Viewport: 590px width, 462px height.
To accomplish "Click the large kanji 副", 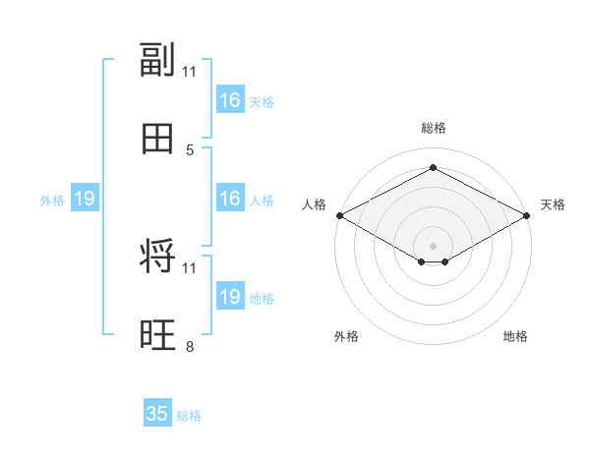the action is tap(157, 59).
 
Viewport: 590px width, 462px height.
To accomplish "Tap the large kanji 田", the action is tap(157, 139).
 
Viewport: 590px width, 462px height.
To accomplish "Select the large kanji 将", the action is tap(157, 256).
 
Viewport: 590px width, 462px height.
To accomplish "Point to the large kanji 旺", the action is tap(157, 334).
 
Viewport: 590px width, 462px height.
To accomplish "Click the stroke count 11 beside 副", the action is tap(189, 72).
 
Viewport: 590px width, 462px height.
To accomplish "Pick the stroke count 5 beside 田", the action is tap(190, 150).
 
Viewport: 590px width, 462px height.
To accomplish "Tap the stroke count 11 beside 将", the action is tap(189, 268).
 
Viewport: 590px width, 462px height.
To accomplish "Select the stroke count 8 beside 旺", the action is tap(190, 346).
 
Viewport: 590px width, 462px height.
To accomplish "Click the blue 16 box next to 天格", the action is tap(230, 99).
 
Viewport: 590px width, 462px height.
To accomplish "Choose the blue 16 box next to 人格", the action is tap(230, 198).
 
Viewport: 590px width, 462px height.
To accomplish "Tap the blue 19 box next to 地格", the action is tap(230, 295).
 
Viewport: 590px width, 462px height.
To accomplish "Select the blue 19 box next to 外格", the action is tap(85, 198).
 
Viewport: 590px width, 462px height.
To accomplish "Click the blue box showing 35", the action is tap(157, 412).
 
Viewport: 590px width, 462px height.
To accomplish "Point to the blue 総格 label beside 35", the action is tap(189, 416).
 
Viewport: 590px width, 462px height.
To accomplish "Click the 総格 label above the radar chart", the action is tap(434, 128).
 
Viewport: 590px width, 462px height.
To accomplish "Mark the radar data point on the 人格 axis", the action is tap(340, 215).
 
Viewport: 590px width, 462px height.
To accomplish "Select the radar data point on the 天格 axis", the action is tap(527, 215).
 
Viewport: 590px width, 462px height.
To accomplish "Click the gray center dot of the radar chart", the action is tap(433, 246).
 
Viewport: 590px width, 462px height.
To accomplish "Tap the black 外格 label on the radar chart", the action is tap(346, 336).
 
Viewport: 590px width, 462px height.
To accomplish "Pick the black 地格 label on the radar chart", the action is tap(515, 336).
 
